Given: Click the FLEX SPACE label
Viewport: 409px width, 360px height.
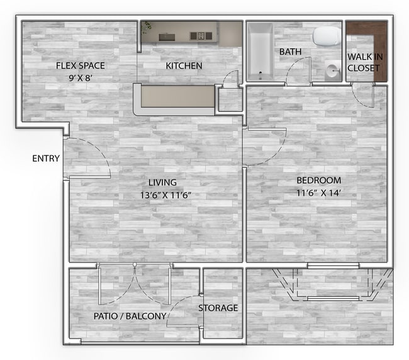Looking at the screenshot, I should (x=80, y=65).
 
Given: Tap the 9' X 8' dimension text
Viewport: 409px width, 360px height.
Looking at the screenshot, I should (x=80, y=78).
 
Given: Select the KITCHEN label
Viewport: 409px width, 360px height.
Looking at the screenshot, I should (x=184, y=65).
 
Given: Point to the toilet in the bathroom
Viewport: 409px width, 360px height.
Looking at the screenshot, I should (x=326, y=37).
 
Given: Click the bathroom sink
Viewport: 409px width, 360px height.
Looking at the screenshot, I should (x=332, y=72).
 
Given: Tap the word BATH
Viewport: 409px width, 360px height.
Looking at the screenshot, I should (x=290, y=52).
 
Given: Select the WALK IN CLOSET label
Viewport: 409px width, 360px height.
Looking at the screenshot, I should (x=364, y=62).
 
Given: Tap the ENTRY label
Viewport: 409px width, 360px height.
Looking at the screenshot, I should (x=46, y=158).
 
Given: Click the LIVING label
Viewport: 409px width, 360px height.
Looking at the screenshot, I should (x=162, y=182).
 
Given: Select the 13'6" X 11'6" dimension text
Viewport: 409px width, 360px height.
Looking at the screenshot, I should (x=165, y=194).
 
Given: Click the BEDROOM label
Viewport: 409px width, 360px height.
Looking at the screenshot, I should (x=318, y=180).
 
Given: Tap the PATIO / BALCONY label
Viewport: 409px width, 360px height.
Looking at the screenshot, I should (x=130, y=316).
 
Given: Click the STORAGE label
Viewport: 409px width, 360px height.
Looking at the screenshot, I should (x=218, y=308).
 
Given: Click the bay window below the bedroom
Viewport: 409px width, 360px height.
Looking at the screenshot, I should (x=332, y=284).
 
